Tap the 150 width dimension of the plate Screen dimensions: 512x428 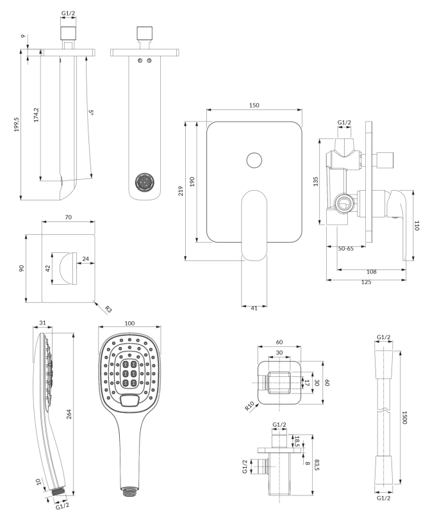click(254, 105)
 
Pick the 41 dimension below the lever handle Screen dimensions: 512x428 click(254, 308)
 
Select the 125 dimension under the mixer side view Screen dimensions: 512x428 click(366, 282)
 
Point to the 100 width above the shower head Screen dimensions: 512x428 click(131, 324)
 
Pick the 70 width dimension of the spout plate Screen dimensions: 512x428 click(69, 218)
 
